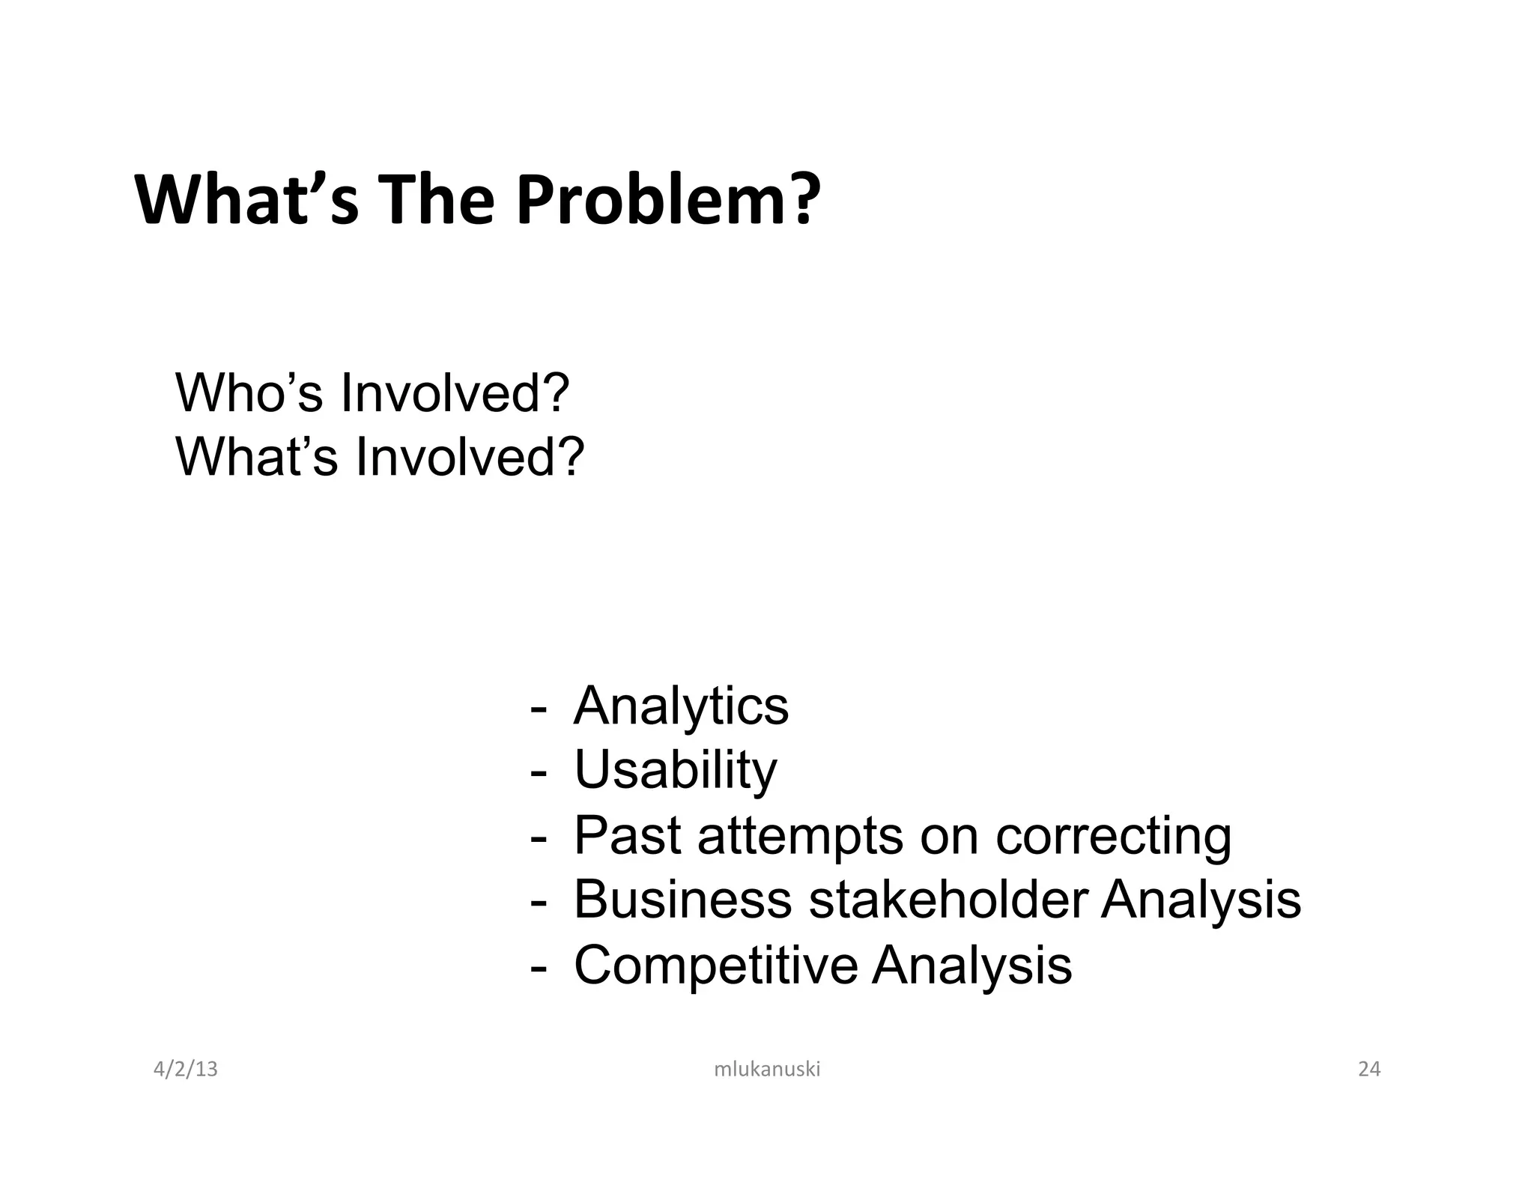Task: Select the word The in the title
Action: click(x=439, y=199)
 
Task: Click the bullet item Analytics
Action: click(x=680, y=706)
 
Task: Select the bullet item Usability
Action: click(x=675, y=770)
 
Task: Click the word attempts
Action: click(x=800, y=836)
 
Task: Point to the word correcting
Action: click(x=1113, y=836)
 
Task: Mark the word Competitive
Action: click(x=715, y=965)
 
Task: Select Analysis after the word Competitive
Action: click(x=971, y=965)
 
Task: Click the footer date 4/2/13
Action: click(x=185, y=1069)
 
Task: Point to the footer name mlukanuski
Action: click(x=767, y=1069)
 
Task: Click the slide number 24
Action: click(x=1368, y=1069)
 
